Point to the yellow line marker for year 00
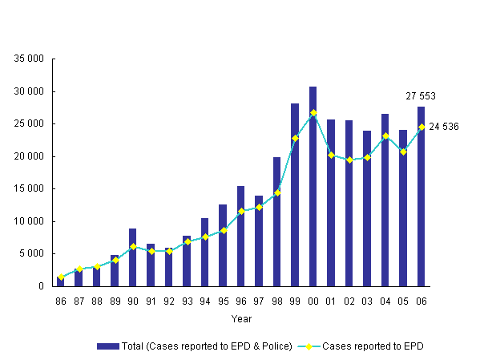(313, 112)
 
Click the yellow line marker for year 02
(349, 160)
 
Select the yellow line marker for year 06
(422, 127)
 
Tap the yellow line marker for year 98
(277, 192)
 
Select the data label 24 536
(444, 127)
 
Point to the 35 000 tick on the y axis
(28, 59)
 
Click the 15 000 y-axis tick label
(28, 189)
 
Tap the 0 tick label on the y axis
(41, 286)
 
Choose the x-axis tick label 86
(60, 301)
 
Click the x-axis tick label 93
(187, 301)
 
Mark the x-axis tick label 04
(385, 301)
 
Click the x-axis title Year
(241, 318)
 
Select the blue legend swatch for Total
(107, 346)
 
